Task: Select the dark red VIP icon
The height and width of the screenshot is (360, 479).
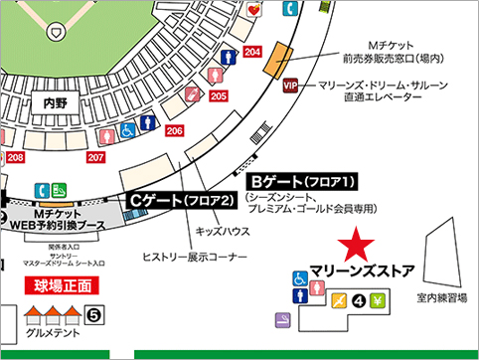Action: tap(291, 85)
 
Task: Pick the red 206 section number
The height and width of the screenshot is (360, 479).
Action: tap(174, 131)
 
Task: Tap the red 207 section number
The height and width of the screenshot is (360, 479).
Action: tap(96, 157)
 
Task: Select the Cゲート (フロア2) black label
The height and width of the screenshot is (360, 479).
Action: tap(178, 201)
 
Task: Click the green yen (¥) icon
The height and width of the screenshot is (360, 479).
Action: tap(379, 300)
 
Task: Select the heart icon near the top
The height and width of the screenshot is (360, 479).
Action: tap(253, 10)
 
